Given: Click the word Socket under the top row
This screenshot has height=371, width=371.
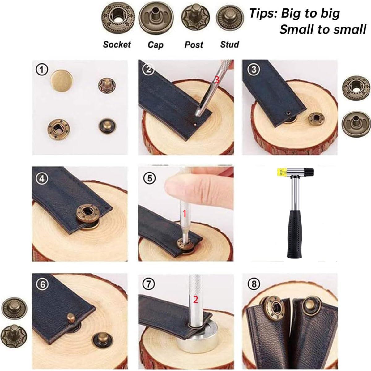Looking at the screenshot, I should tap(117, 45).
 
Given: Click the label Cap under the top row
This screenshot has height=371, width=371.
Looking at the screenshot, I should tap(155, 45).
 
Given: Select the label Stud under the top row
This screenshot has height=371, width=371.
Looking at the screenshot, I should tap(229, 45).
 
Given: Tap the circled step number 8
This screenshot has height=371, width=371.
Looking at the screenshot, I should tap(254, 284).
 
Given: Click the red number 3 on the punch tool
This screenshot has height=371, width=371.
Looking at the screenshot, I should tap(217, 80).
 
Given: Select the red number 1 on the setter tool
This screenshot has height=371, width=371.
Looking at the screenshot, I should tap(185, 213).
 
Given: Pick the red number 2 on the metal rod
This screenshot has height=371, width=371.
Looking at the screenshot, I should tap(195, 299).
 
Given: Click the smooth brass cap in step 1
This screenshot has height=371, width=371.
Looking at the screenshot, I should tap(62, 81).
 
